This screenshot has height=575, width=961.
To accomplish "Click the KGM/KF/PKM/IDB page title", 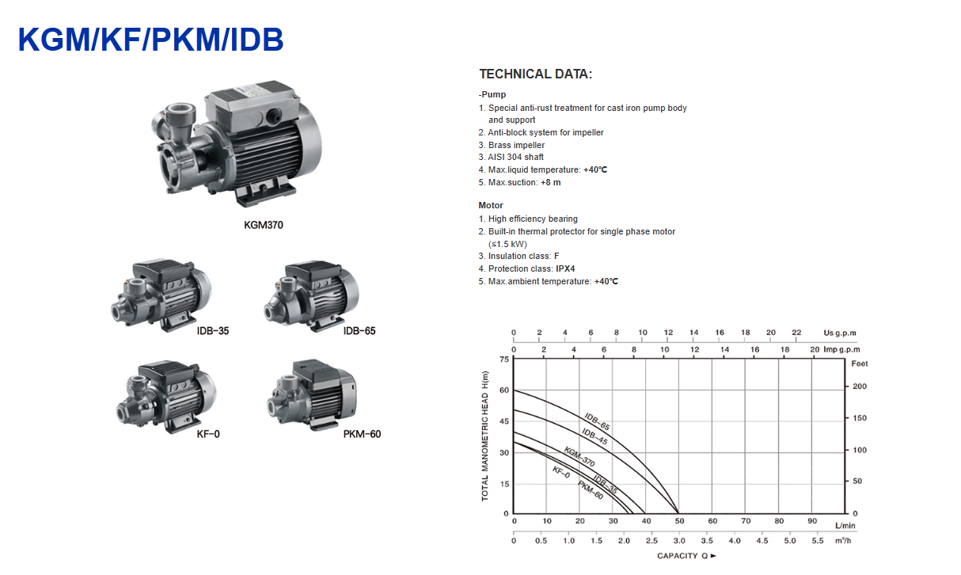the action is coord(150,40).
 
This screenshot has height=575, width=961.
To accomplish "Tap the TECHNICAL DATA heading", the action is coord(535,74).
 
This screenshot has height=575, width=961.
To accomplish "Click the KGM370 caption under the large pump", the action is coord(264,225).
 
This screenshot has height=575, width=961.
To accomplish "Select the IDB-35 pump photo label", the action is coord(213,331).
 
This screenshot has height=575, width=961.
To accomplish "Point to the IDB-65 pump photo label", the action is coord(359,331).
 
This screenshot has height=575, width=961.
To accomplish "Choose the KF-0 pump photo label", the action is coord(208,434).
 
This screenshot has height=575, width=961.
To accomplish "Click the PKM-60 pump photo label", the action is coord(362,434).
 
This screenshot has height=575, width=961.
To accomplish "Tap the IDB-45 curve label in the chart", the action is coord(594,436).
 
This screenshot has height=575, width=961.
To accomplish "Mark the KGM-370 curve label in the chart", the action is coord(579,457).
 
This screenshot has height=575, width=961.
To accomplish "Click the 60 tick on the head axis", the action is coord(504,390).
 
